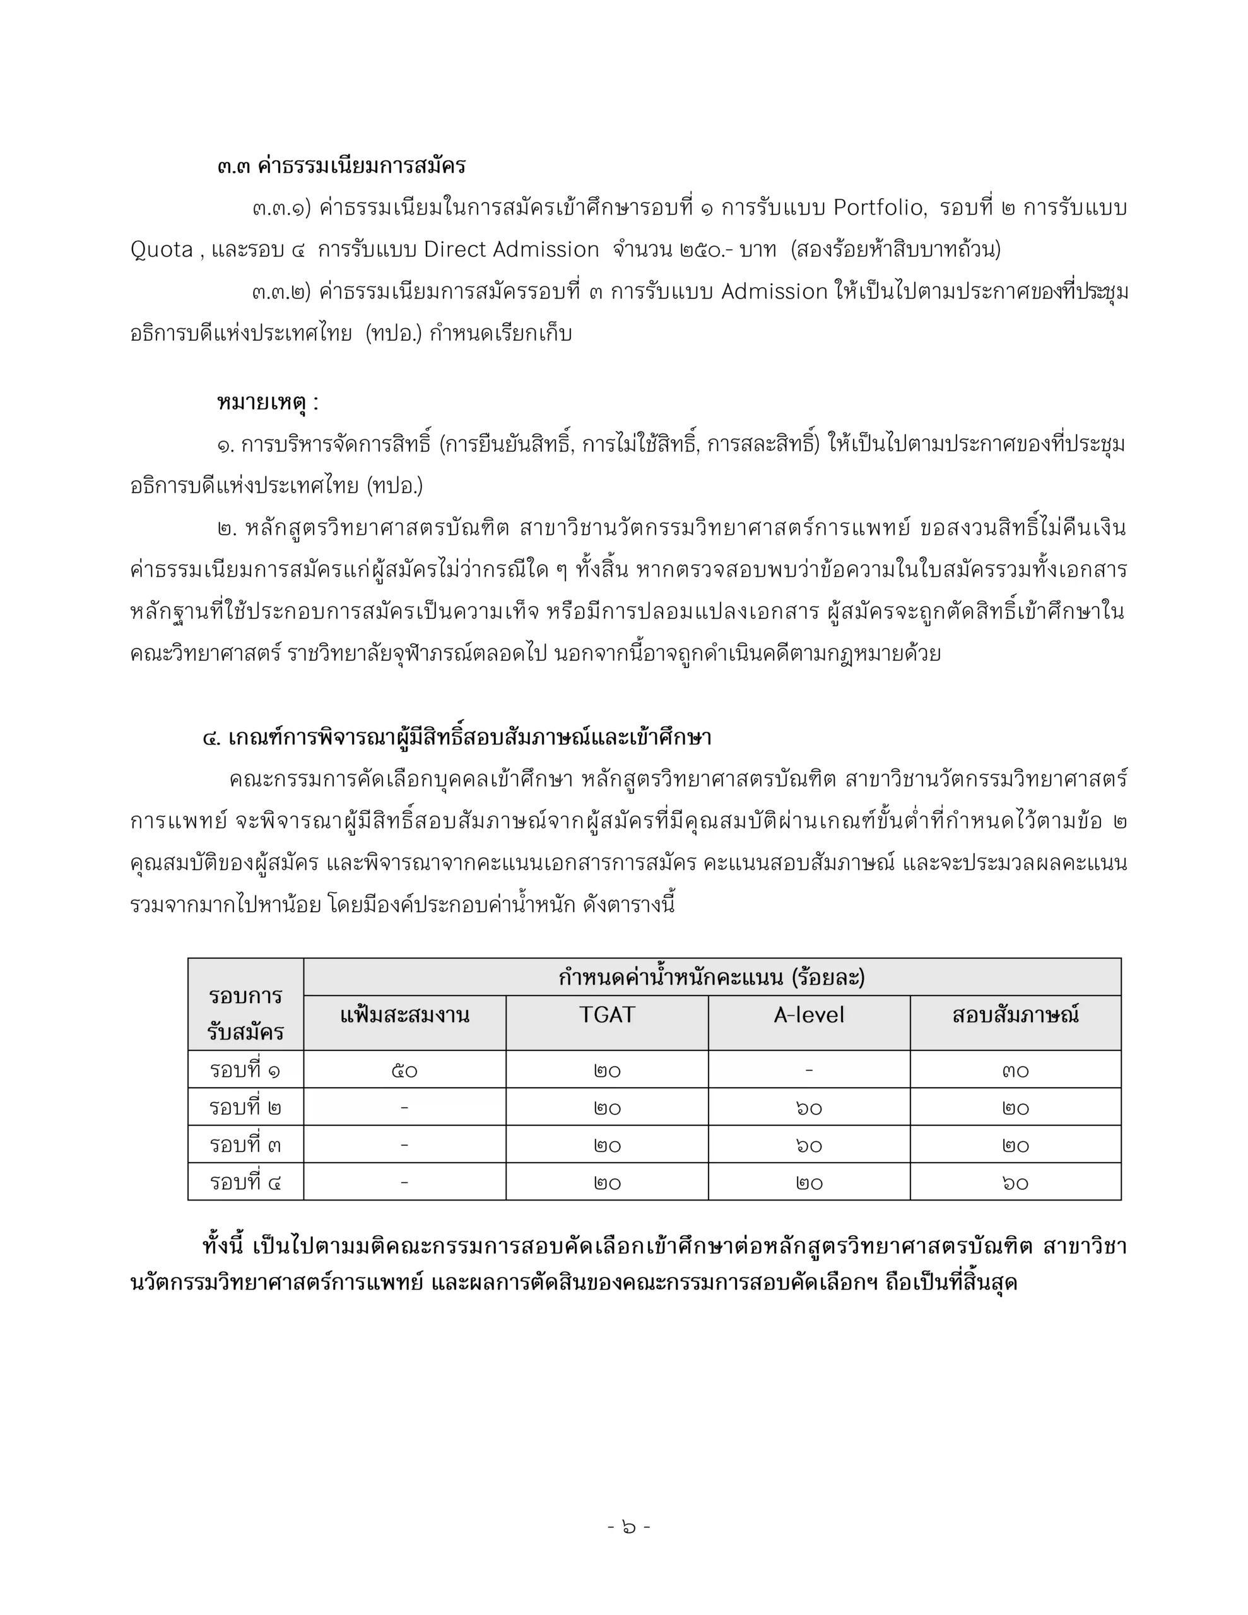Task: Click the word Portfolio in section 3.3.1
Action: point(878,208)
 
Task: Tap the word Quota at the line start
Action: point(162,250)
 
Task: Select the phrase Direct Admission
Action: point(510,250)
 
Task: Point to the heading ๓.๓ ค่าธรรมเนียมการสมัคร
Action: point(341,166)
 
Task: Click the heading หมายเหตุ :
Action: point(267,403)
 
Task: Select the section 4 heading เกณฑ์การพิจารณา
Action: point(457,737)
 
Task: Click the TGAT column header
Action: point(606,1014)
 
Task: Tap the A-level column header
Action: point(809,1014)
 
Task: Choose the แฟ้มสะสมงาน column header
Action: point(404,1014)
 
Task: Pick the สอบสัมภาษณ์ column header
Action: point(1015,1014)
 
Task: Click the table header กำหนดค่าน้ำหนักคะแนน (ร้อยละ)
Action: point(711,978)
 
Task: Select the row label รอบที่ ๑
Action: point(245,1070)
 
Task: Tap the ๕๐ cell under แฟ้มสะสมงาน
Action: point(404,1071)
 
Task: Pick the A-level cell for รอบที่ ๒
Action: point(809,1108)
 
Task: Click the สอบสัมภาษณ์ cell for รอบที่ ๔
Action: point(1015,1182)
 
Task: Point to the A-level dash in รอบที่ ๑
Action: point(809,1070)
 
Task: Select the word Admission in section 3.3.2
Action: point(774,292)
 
